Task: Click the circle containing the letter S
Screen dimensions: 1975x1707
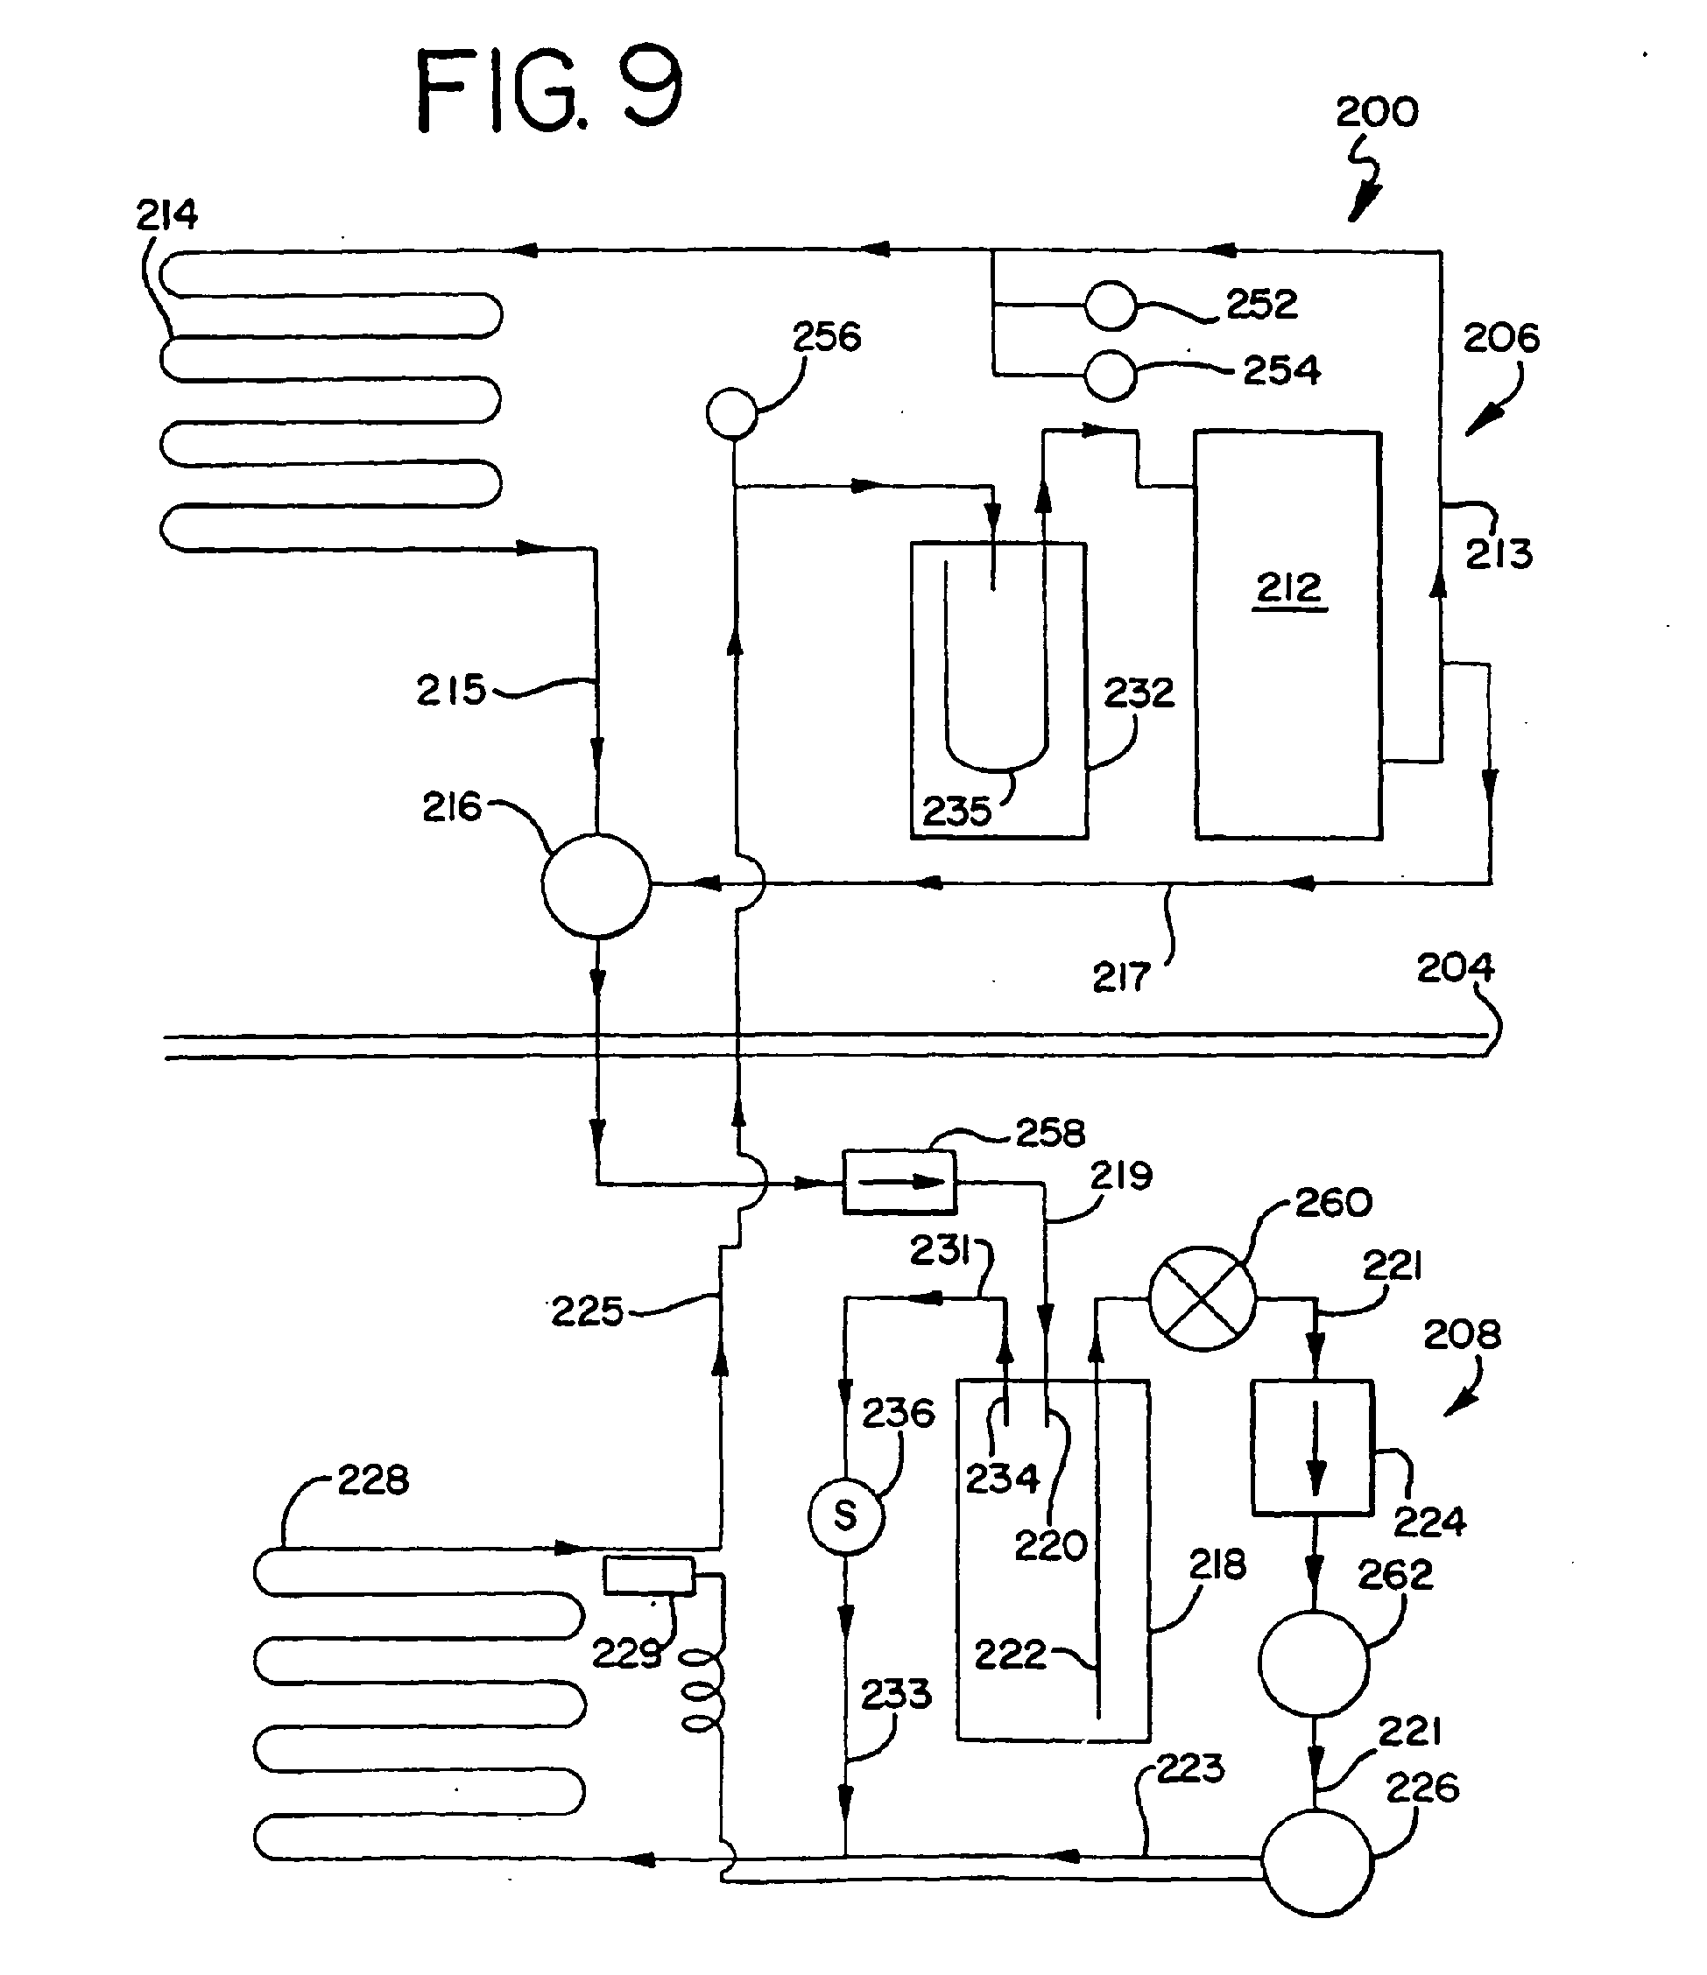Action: [x=846, y=1515]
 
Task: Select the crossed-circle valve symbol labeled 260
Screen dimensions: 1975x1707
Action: [x=1202, y=1298]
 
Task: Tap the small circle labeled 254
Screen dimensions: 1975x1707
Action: [x=1111, y=376]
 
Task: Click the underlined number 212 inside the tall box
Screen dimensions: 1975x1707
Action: [x=1288, y=589]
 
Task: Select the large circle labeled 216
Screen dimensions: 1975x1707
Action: [x=596, y=885]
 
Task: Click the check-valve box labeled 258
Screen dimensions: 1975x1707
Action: [x=899, y=1182]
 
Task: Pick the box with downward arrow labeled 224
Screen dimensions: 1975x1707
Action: [x=1313, y=1447]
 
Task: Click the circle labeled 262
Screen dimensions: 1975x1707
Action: [x=1313, y=1663]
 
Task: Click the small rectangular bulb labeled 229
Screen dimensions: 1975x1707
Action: [x=648, y=1576]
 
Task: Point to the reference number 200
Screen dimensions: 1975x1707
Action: [x=1376, y=112]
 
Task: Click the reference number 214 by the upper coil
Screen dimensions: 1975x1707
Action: [x=167, y=214]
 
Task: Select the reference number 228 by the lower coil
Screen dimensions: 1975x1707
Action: [x=373, y=1480]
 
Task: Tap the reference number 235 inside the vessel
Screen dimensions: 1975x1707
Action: [x=956, y=812]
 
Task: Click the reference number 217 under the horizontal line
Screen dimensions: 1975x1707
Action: [x=1120, y=978]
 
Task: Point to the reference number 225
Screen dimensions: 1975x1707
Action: [x=588, y=1312]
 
